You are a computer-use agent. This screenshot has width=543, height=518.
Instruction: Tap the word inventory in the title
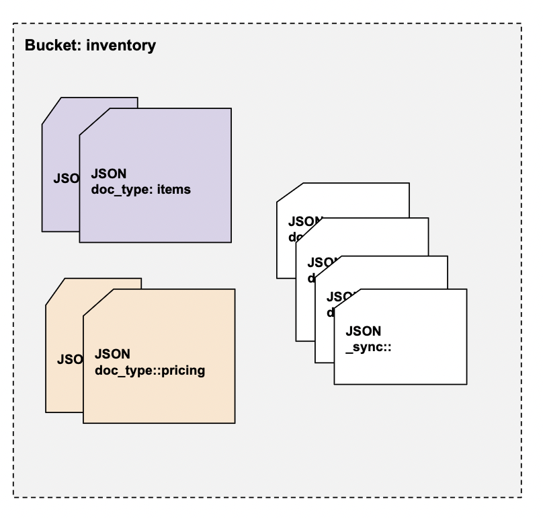point(121,46)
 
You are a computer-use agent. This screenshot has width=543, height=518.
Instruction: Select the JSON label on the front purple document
point(108,173)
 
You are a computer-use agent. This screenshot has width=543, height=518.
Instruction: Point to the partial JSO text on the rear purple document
point(66,179)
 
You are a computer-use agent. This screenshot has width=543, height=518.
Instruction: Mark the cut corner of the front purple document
point(93,121)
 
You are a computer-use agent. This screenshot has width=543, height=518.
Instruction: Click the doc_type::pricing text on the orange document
point(150,370)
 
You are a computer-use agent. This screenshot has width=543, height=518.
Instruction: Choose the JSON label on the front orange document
point(113,354)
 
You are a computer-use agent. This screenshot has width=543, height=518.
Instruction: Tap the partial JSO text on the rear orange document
point(69,359)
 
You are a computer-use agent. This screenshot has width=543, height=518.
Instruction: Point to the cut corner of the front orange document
point(97,302)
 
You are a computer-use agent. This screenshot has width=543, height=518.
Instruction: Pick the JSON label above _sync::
point(364,331)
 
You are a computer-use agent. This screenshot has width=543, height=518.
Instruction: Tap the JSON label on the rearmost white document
point(305,221)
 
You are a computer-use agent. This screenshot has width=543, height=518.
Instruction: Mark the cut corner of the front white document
point(347,301)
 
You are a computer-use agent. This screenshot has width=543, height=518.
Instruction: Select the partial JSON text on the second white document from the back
point(322,262)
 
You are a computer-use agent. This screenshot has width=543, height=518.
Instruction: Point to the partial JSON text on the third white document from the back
point(339,296)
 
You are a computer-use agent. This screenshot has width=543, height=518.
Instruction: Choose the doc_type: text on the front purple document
point(123,190)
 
